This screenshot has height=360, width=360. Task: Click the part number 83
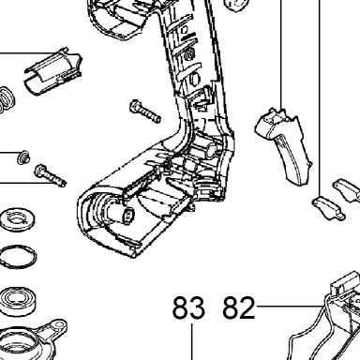[188, 307]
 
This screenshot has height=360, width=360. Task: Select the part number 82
[239, 307]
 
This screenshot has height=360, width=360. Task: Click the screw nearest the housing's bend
[145, 112]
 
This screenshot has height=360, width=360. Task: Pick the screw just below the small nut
[51, 175]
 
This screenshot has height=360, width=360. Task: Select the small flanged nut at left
[23, 157]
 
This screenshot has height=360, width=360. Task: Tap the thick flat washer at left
[17, 218]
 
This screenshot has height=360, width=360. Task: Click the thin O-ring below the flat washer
[18, 256]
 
